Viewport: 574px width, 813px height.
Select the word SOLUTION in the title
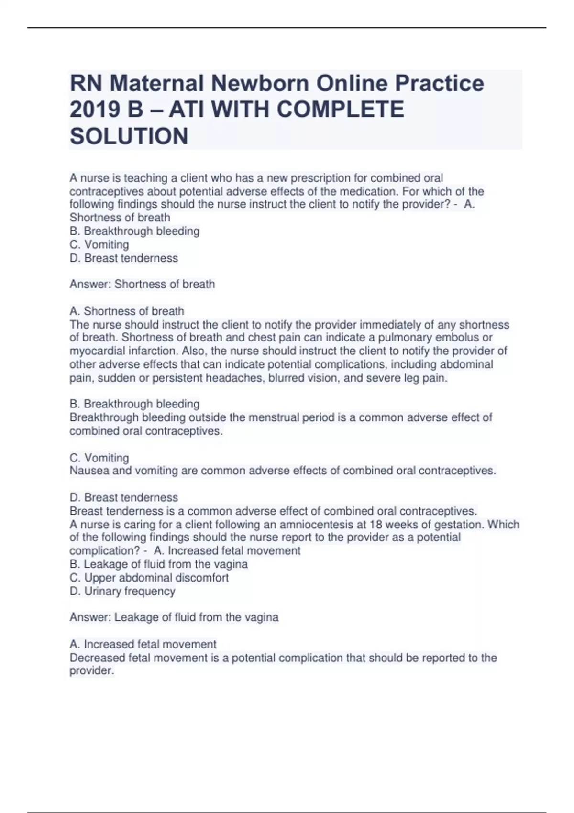point(129,136)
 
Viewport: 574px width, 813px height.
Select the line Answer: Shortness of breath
point(142,284)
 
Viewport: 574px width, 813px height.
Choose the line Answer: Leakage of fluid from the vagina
point(174,617)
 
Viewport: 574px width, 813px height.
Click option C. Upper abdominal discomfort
point(149,578)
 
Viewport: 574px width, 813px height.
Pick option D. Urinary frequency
point(122,591)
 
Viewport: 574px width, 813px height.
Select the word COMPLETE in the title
point(341,110)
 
